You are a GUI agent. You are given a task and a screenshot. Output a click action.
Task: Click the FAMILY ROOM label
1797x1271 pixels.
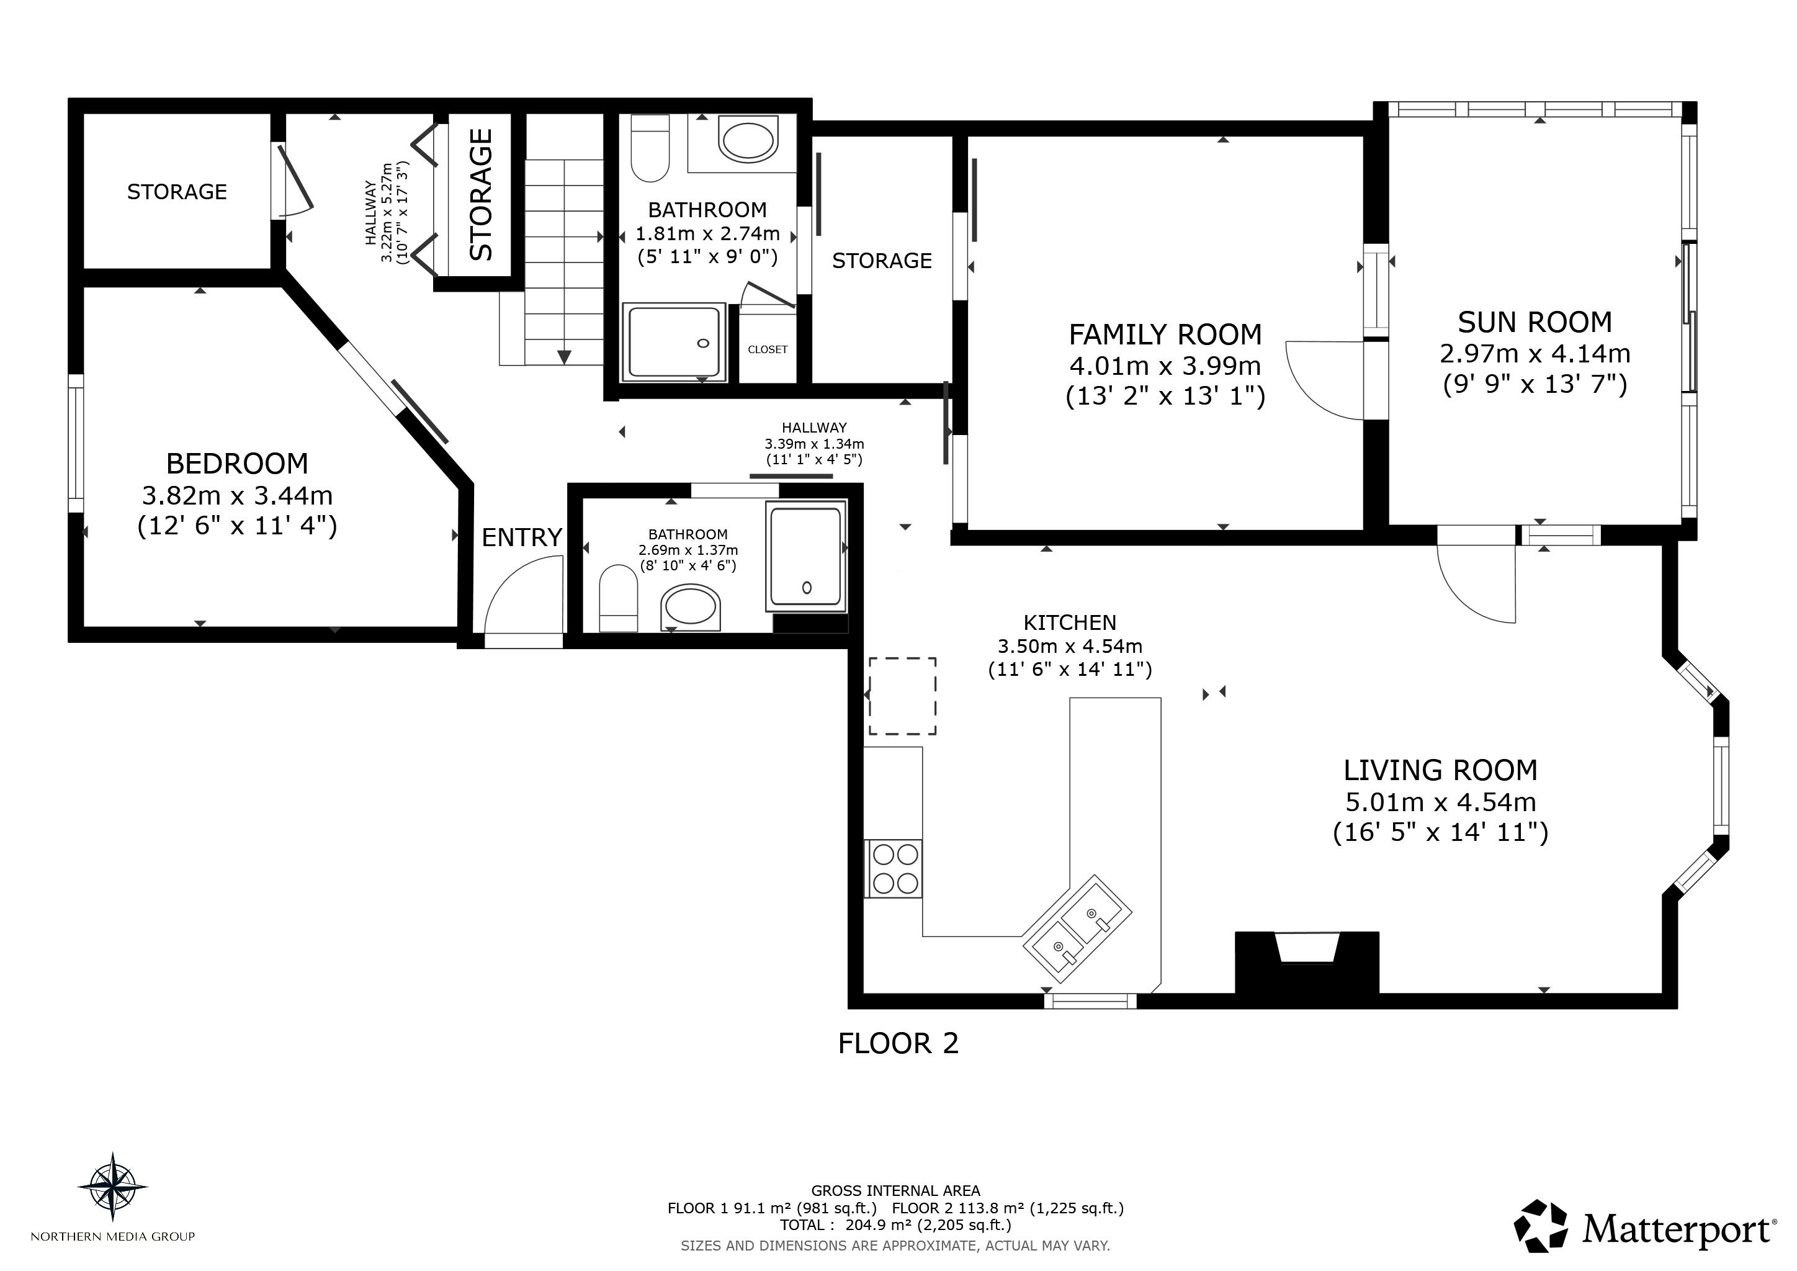(x=1165, y=335)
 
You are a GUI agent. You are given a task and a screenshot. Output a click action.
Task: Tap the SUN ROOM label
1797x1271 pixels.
(x=1535, y=323)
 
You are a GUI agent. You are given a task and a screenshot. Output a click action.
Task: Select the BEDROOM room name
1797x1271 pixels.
(x=237, y=464)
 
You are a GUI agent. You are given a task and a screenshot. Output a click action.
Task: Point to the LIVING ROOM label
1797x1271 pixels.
(x=1440, y=771)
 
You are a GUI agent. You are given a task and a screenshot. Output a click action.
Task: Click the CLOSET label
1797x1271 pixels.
(x=767, y=350)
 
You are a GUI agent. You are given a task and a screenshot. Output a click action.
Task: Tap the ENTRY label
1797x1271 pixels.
(x=522, y=537)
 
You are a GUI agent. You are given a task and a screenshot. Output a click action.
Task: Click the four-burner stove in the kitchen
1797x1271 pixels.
(x=893, y=869)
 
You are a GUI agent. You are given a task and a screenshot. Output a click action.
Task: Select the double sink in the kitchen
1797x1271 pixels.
(x=1078, y=928)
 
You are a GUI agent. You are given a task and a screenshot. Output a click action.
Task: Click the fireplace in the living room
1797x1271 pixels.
(x=1306, y=962)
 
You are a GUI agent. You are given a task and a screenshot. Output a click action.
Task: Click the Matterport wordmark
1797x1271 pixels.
(x=1677, y=1230)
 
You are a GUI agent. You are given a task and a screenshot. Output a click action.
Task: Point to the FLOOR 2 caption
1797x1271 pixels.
(x=898, y=1043)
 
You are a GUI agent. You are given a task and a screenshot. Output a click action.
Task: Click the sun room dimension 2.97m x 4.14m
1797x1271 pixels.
(x=1535, y=354)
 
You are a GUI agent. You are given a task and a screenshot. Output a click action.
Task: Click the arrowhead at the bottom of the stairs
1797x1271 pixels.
(x=564, y=357)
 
